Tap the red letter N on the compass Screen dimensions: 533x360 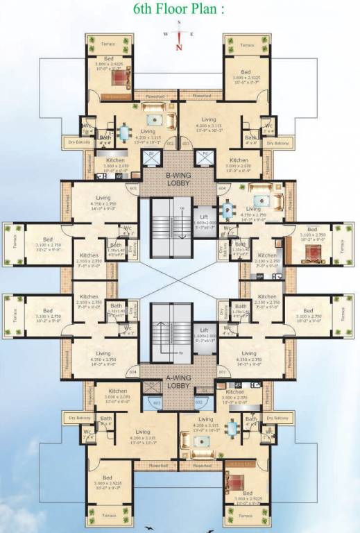[x=179, y=47]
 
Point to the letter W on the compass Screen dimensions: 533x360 [x=164, y=33]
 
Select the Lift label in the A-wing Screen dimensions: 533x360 [x=205, y=331]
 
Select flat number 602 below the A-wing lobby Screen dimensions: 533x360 [x=198, y=400]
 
